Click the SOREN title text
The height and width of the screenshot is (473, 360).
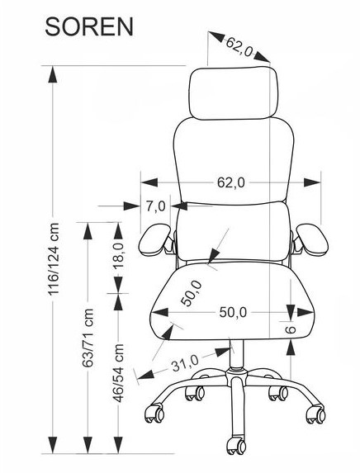point(89,27)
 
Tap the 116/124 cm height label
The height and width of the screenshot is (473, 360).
point(54,259)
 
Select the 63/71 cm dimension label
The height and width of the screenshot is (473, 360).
point(88,338)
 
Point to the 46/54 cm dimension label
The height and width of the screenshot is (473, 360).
point(118,373)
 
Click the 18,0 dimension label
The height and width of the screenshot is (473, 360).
point(119,255)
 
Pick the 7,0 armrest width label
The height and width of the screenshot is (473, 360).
point(156,206)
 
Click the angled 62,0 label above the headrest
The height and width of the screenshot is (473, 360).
point(239,47)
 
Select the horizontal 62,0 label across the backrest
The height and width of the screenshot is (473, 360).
point(231,182)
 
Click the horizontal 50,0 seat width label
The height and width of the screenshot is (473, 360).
point(233,313)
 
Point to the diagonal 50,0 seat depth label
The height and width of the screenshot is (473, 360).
point(191,293)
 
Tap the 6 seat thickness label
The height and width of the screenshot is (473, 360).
point(291,329)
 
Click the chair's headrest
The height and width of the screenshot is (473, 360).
point(234,93)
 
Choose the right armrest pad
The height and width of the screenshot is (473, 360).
point(312,239)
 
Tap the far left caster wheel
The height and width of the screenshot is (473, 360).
point(154,414)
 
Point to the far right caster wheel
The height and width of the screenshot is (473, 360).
point(316,414)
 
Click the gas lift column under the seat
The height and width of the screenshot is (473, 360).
point(236,353)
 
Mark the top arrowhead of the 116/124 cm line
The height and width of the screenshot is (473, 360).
point(53,74)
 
